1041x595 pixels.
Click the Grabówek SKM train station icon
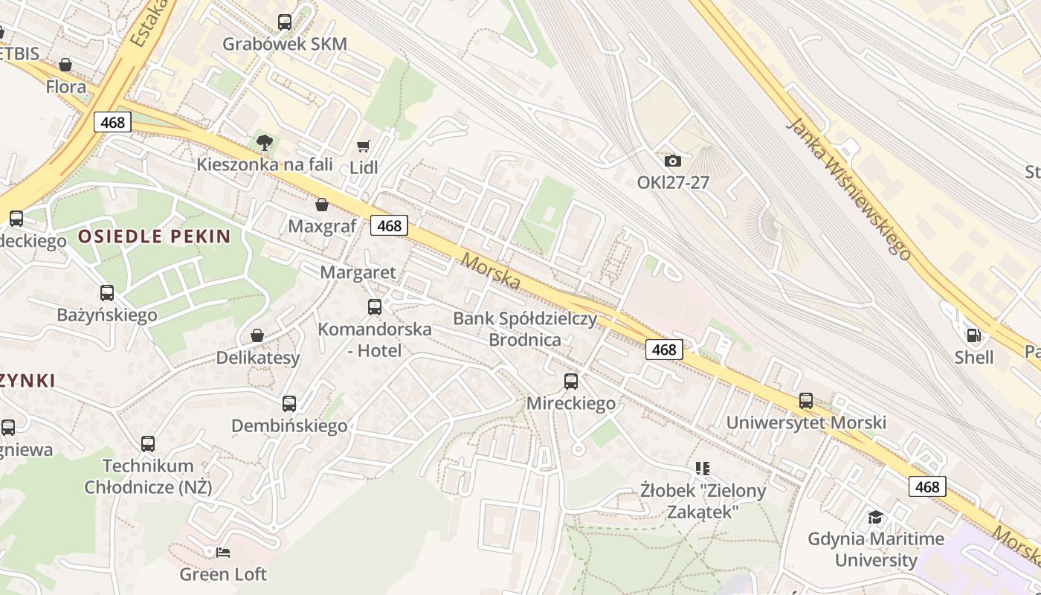[x=285, y=22]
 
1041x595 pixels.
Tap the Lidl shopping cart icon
[x=364, y=147]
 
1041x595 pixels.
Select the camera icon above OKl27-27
[x=672, y=161]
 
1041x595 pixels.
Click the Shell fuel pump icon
[x=973, y=335]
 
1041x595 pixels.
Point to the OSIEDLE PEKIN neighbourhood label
[x=155, y=237]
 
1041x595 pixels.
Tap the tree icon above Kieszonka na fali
[x=264, y=142]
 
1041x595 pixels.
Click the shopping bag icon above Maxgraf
[x=322, y=205]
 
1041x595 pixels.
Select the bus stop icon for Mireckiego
[x=571, y=382]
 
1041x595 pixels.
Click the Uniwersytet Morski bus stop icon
[x=806, y=401]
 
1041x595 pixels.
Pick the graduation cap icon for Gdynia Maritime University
[x=876, y=517]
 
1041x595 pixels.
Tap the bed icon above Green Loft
[x=223, y=553]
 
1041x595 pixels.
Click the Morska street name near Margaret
[x=491, y=271]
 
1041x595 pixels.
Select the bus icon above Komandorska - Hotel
[x=375, y=306]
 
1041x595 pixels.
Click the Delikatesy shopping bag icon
[x=257, y=335]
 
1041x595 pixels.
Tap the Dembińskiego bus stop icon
[x=289, y=404]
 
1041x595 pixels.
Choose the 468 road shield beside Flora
[x=112, y=122]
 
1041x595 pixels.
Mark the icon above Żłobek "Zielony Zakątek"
[x=703, y=469]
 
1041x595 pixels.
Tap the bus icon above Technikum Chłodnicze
[x=148, y=444]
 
